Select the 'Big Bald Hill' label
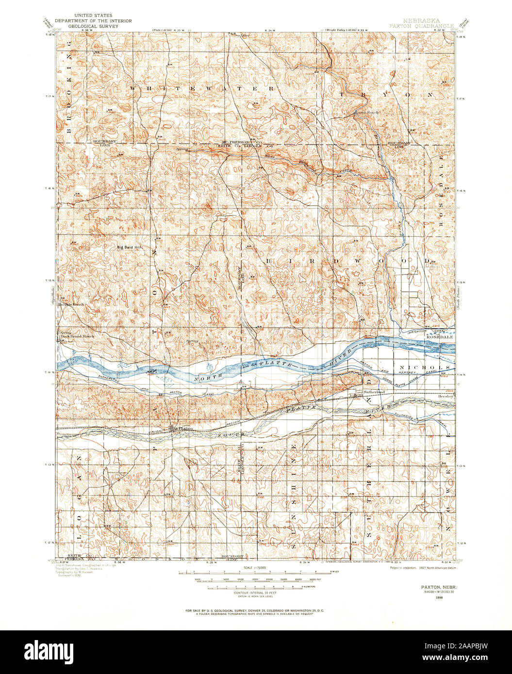pos(129,247)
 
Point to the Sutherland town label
pos(374,391)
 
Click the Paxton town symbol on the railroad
pos(174,429)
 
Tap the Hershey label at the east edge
pos(446,396)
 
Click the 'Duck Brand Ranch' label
pos(77,336)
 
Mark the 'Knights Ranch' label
pos(71,305)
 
